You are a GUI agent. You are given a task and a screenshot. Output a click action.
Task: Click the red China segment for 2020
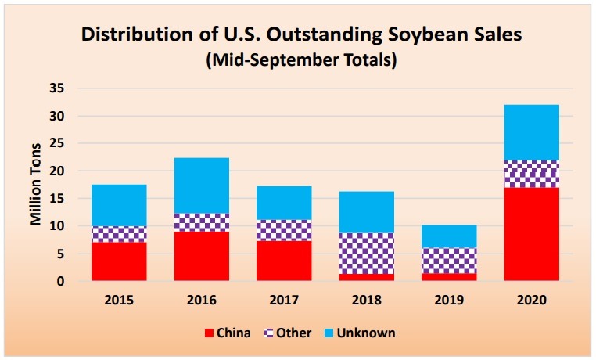click(531, 233)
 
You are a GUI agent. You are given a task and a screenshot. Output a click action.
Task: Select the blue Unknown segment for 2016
click(201, 185)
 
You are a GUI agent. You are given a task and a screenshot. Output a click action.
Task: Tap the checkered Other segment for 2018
click(366, 253)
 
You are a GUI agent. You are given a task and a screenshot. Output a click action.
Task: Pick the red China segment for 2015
click(119, 261)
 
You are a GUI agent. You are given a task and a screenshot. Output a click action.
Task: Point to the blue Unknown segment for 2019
click(449, 236)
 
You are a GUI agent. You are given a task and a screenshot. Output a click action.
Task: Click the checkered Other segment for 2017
click(284, 230)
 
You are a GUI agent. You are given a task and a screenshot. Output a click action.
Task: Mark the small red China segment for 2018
click(366, 276)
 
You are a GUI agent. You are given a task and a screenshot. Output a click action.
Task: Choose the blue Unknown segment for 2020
click(531, 132)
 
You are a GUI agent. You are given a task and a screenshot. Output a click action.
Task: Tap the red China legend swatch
click(210, 333)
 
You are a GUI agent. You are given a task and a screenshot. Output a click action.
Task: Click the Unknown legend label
click(372, 333)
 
